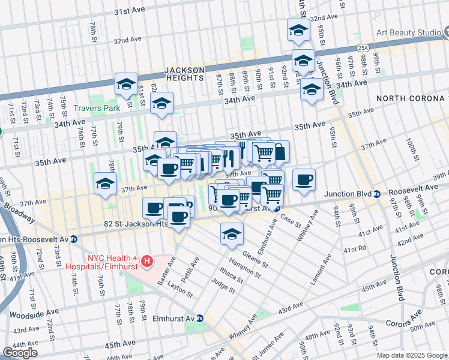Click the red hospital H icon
[148, 262]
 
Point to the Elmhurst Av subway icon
[200, 318]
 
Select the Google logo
[20, 353]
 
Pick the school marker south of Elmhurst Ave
[232, 234]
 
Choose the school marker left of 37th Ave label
[105, 184]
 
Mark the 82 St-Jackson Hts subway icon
[74, 239]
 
